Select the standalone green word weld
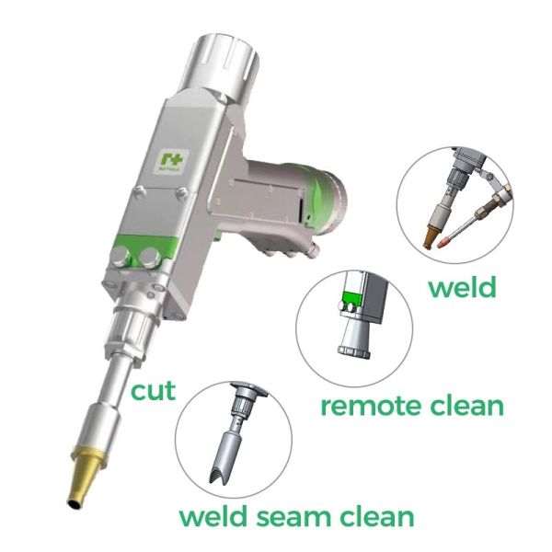(462, 287)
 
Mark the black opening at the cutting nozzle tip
(70, 501)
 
